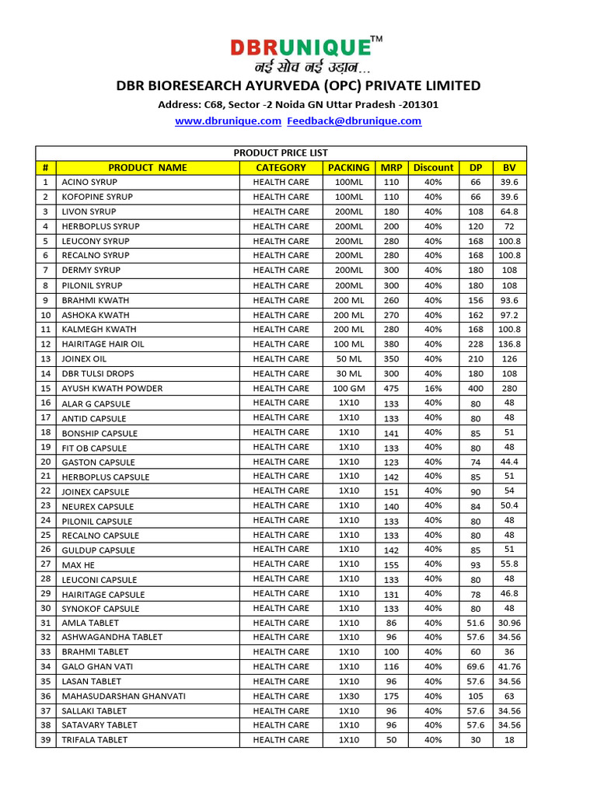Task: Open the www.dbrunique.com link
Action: click(x=227, y=121)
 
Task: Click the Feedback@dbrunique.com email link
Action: click(x=354, y=121)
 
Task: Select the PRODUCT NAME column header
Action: click(x=148, y=167)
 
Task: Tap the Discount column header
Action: click(x=433, y=167)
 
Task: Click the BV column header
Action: click(x=509, y=167)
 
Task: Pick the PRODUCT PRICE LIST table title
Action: click(x=281, y=153)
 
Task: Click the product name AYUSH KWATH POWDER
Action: click(x=112, y=389)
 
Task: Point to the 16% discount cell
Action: click(x=433, y=388)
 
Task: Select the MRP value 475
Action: click(x=391, y=388)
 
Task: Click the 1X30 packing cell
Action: click(x=349, y=696)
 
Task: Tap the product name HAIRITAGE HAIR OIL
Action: click(x=103, y=344)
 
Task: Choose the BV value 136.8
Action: click(x=509, y=344)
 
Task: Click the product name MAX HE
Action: click(x=78, y=565)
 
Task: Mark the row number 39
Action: click(x=46, y=740)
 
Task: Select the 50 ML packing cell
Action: click(x=349, y=359)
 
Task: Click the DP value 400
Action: click(x=476, y=388)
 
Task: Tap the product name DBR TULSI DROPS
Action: click(x=98, y=374)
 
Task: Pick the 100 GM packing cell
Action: click(x=349, y=388)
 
